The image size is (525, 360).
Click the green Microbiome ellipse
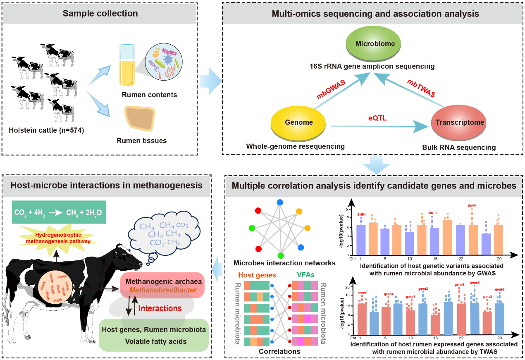[x=375, y=44]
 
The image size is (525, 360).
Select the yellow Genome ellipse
[x=298, y=122]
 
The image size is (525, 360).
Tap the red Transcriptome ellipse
[x=458, y=123]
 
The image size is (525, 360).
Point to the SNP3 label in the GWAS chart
[x=472, y=205]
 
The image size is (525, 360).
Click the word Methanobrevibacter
[x=161, y=290]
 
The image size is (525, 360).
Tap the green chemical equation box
[x=59, y=212]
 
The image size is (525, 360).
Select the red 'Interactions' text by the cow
[x=160, y=308]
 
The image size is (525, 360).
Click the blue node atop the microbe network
[x=280, y=203]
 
